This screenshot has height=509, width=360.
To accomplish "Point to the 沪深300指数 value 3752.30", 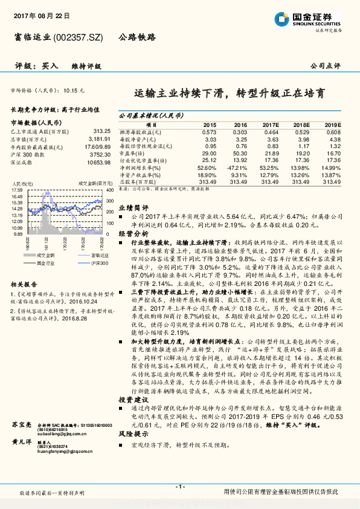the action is [100, 154].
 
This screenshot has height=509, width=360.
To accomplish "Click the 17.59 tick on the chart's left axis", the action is [16, 190].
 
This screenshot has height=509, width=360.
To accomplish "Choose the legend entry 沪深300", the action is [96, 264].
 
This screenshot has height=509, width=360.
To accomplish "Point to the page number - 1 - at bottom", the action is [179, 487].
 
